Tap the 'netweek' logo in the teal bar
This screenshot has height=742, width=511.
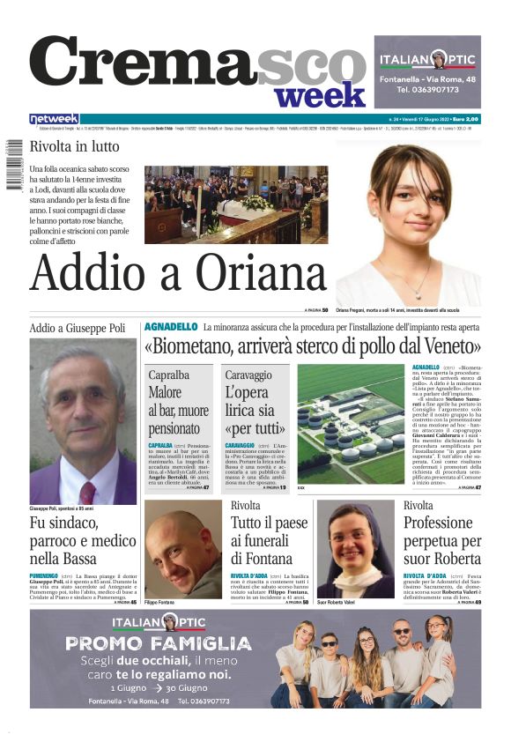54,119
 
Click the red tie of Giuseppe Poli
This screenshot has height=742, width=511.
86,492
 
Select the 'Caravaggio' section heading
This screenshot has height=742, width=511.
248,375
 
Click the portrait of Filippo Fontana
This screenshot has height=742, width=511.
183,549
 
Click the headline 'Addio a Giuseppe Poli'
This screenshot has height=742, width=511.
78,328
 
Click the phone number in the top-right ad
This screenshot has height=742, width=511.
426,90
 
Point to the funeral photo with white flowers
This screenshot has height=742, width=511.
236,204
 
